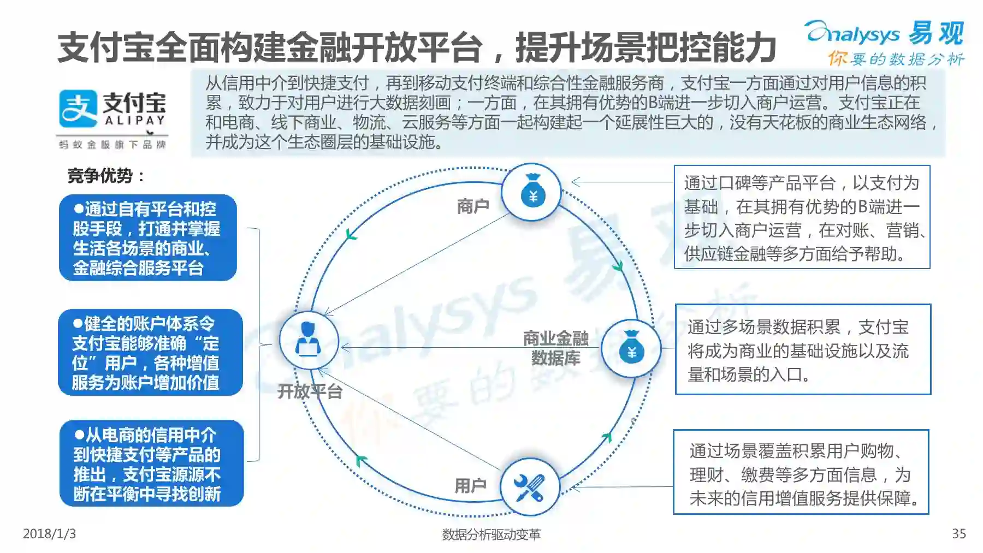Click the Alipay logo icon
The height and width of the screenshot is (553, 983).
tap(78, 108)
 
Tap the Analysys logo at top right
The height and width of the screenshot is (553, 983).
tap(884, 34)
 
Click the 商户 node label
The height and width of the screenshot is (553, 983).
tap(473, 206)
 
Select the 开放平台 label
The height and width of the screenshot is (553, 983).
tap(310, 391)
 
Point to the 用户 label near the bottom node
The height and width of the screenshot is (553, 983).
tap(470, 485)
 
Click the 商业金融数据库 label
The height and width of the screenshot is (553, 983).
tap(555, 348)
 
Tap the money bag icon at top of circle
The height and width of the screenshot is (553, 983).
tap(532, 192)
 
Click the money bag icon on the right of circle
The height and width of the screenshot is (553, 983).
tap(631, 348)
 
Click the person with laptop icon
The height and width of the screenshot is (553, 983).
tap(308, 340)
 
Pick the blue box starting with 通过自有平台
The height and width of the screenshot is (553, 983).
tap(147, 238)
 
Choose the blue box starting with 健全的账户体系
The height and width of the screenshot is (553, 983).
tap(150, 353)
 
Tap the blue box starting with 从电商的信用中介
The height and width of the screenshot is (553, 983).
tap(151, 463)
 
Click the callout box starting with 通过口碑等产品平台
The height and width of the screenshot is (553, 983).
tap(802, 217)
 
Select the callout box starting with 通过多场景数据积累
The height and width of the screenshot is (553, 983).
tap(803, 349)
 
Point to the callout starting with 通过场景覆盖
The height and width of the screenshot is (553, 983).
tap(801, 472)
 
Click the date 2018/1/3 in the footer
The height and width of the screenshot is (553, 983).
tap(49, 533)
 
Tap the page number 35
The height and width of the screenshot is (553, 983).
tap(958, 533)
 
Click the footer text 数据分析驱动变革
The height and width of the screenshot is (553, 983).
tap(491, 534)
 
